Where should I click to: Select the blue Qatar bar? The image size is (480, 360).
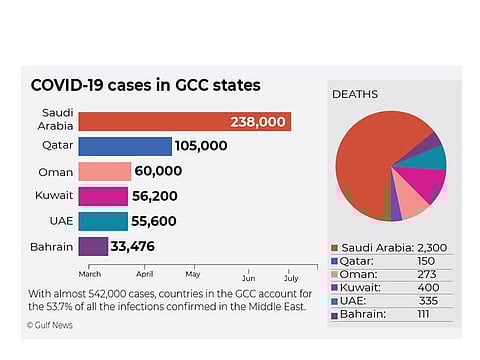pyautogui.click(x=125, y=147)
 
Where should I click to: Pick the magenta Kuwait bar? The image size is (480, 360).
pyautogui.click(x=103, y=196)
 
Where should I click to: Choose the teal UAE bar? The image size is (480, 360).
pyautogui.click(x=103, y=221)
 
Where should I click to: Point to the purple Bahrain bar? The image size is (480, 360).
pyautogui.click(x=93, y=246)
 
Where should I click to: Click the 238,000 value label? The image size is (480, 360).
pyautogui.click(x=258, y=122)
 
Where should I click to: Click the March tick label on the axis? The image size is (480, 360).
pyautogui.click(x=90, y=272)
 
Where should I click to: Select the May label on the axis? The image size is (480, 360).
pyautogui.click(x=192, y=272)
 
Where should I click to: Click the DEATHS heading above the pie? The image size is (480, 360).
pyautogui.click(x=354, y=94)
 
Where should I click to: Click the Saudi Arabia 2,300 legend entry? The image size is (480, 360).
pyautogui.click(x=390, y=247)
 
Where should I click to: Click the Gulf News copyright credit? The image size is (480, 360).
pyautogui.click(x=52, y=325)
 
